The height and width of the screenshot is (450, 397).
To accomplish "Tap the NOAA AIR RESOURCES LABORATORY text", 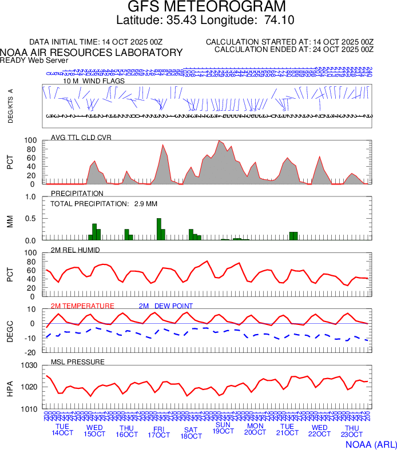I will click(92, 53).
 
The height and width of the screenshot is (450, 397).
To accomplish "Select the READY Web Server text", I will click(34, 60).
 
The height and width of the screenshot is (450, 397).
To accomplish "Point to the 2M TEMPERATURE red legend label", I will click(82, 306).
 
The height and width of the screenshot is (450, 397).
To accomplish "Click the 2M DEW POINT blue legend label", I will click(166, 306).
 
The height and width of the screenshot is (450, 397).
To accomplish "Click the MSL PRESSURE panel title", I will click(78, 362).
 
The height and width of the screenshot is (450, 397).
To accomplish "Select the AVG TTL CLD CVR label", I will click(81, 137).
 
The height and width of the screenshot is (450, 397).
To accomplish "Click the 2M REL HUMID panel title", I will click(76, 250).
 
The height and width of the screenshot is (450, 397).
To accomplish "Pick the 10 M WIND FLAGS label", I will click(94, 81).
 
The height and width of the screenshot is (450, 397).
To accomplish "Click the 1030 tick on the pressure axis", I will click(29, 365).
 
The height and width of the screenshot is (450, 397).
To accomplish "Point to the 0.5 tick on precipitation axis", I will click(30, 219).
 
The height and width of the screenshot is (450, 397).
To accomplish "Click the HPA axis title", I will click(10, 387).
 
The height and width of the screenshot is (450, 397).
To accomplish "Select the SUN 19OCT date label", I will click(223, 428).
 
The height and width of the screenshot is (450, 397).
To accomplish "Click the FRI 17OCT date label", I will click(158, 431).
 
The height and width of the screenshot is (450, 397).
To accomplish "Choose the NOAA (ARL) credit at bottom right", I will click(371, 444).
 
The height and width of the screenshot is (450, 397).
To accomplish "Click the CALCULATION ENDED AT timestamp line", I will click(293, 50).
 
